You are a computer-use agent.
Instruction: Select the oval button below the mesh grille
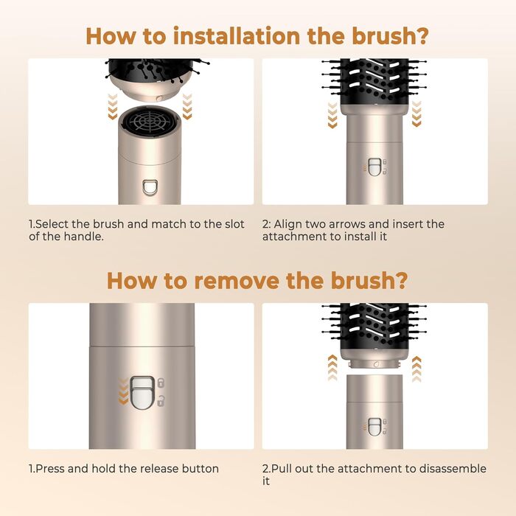coord(150,187)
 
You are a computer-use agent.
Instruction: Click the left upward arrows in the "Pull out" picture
coord(332,366)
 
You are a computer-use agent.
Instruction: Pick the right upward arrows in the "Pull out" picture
coord(416,366)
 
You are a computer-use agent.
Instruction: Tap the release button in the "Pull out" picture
coord(374,426)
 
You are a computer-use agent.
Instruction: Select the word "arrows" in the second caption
coord(342,224)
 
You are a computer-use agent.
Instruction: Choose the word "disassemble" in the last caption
coord(451,469)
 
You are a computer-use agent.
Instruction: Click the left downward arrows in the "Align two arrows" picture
coord(332,114)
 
